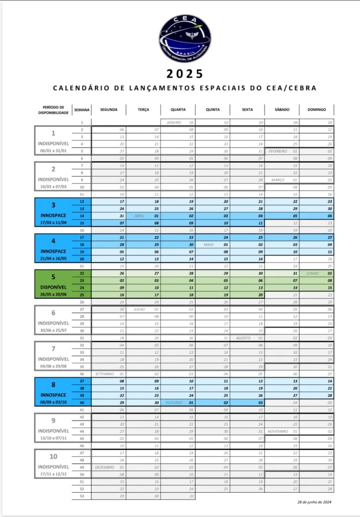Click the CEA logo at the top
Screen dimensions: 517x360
coord(185,36)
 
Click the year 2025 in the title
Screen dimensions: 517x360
coord(185,74)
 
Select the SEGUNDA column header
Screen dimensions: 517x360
coord(109,110)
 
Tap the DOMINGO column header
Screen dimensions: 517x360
coord(317,110)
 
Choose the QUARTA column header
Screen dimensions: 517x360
coord(178,110)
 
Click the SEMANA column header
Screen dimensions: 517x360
coord(81,110)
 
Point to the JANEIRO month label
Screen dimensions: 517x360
coord(174,123)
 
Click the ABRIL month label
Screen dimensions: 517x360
coord(139,216)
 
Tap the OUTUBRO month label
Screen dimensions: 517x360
coord(174,402)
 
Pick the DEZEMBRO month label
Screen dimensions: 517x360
coord(105,468)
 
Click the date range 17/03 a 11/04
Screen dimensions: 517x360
coord(53,222)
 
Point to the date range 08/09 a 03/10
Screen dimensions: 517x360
coord(53,402)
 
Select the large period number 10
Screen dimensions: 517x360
coord(53,456)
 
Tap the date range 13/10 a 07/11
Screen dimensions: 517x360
coord(53,438)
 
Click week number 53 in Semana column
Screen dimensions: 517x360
coord(81,496)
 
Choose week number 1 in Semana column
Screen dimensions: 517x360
coord(81,123)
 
